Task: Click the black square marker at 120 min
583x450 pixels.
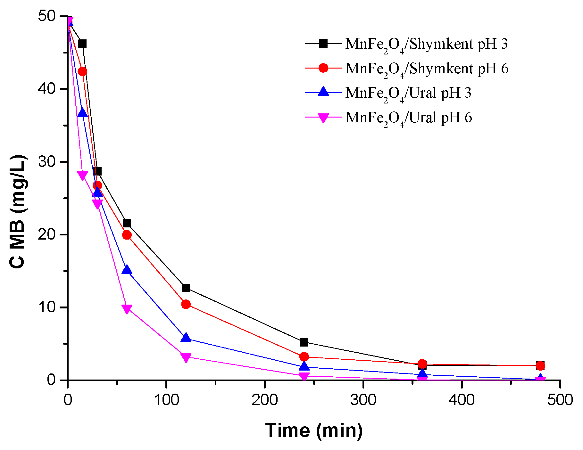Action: [x=186, y=288]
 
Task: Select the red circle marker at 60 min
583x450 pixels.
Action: [x=127, y=235]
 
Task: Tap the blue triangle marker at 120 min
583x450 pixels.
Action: [x=186, y=338]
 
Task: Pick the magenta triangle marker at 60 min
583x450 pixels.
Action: [x=127, y=309]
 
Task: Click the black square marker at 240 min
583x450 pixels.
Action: [x=304, y=342]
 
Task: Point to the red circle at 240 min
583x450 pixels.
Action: [x=304, y=356]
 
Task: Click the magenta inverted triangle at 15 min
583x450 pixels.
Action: [x=82, y=175]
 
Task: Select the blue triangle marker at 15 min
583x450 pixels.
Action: [x=82, y=113]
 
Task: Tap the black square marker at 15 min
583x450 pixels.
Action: [x=82, y=44]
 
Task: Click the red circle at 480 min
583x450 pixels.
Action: [x=540, y=365]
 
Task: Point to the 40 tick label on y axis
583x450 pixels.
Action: [x=47, y=88]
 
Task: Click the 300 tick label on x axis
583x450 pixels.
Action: [x=363, y=400]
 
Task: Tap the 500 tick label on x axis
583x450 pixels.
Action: [x=560, y=400]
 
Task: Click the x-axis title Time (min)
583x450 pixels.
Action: [x=314, y=430]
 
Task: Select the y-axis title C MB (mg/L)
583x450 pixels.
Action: [x=18, y=211]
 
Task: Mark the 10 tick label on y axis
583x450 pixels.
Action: [x=47, y=307]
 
